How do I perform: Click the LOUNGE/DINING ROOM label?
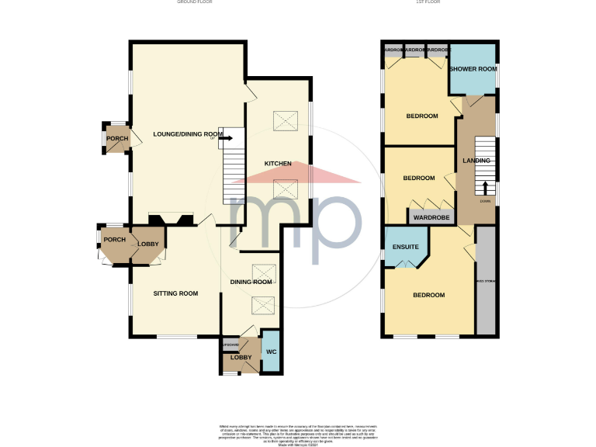(x=187, y=134)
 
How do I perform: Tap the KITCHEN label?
(x=278, y=164)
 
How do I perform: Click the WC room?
(x=271, y=352)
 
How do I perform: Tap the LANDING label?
(x=476, y=161)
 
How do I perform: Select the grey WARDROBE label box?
(x=432, y=218)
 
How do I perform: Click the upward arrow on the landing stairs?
(x=486, y=189)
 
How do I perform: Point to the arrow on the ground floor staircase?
(x=227, y=137)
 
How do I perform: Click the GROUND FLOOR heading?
(x=195, y=2)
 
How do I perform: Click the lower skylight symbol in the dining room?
(x=262, y=305)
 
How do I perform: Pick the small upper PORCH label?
(x=117, y=139)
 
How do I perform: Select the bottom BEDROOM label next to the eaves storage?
(x=428, y=296)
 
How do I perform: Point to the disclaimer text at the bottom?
(x=297, y=432)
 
